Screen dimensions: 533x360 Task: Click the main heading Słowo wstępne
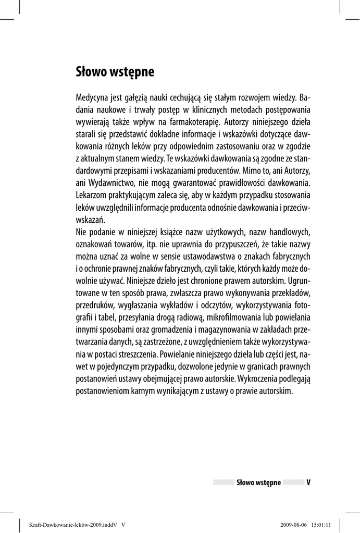(115, 71)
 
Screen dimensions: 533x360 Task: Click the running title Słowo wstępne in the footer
(258, 483)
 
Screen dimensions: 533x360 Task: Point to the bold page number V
(308, 483)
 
